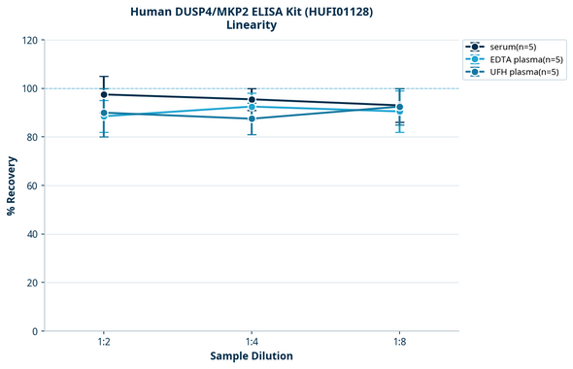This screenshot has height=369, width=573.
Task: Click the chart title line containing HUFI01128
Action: click(252, 11)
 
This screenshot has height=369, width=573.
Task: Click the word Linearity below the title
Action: click(252, 25)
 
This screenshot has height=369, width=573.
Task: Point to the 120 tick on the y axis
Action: click(29, 40)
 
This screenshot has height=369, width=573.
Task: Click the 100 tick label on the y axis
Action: click(29, 88)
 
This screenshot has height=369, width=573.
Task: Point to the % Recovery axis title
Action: click(12, 185)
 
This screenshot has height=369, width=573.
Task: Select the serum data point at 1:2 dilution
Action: click(104, 94)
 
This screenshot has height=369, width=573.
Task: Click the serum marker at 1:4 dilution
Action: click(252, 99)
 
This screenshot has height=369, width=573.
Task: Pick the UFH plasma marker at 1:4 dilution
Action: click(252, 118)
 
